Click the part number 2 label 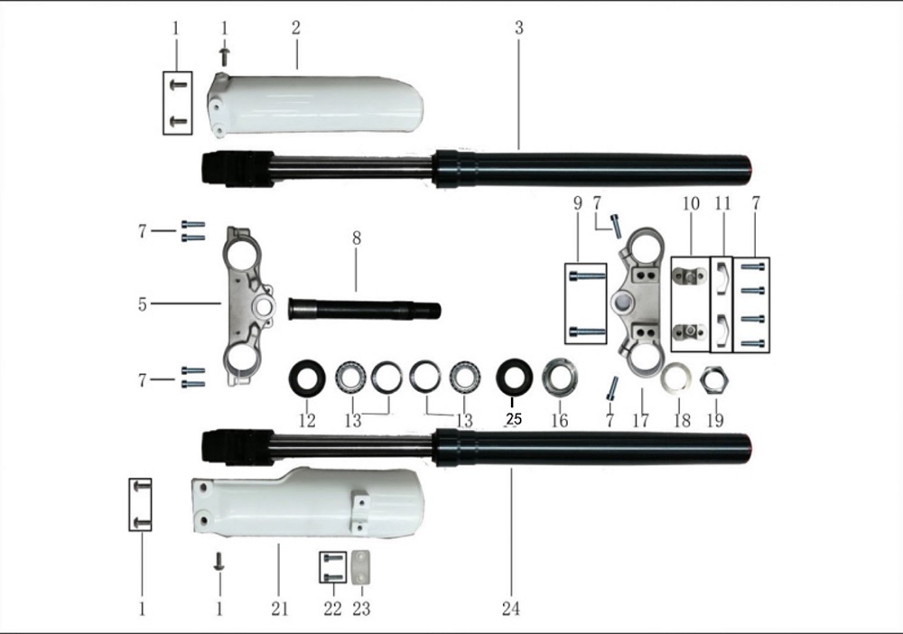pyautogui.click(x=295, y=28)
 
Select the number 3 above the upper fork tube pyautogui.click(x=519, y=28)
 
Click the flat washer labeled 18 pyautogui.click(x=676, y=378)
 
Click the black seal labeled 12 pyautogui.click(x=306, y=377)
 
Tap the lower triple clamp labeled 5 pyautogui.click(x=246, y=307)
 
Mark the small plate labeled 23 pyautogui.click(x=361, y=566)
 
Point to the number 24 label pyautogui.click(x=511, y=610)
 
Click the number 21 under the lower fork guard pyautogui.click(x=279, y=610)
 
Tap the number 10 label pyautogui.click(x=691, y=203)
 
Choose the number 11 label pyautogui.click(x=722, y=203)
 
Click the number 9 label pyautogui.click(x=578, y=203)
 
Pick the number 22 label pyautogui.click(x=332, y=610)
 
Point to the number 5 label pyautogui.click(x=143, y=304)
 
